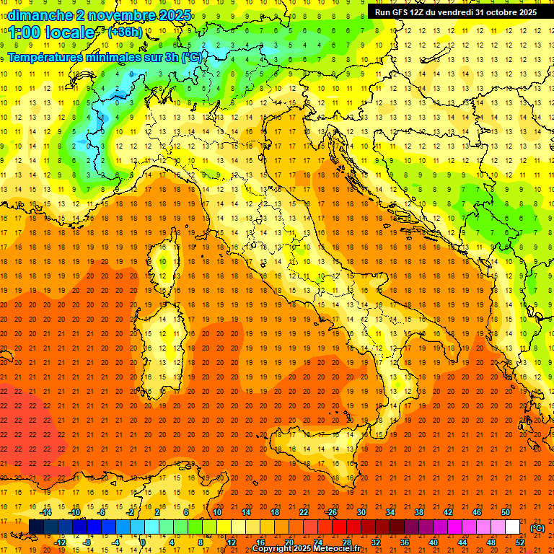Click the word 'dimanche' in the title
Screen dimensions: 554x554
click(40, 15)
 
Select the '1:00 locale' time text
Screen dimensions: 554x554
click(52, 32)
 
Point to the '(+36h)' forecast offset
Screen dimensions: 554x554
click(125, 32)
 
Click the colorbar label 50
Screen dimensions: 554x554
click(506, 512)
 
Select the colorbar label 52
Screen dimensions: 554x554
click(520, 542)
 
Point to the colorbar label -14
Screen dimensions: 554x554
click(46, 512)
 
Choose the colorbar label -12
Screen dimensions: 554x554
click(60, 542)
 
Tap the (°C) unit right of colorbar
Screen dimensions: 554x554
click(537, 527)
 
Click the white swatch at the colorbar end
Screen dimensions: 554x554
click(513, 527)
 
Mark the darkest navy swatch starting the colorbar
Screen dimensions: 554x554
click(37, 527)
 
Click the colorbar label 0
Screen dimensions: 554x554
click(143, 542)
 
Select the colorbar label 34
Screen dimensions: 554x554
click(390, 512)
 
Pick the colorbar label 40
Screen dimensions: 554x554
click(433, 542)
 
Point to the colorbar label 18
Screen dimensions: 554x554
click(274, 512)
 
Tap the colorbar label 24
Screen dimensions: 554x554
click(317, 542)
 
